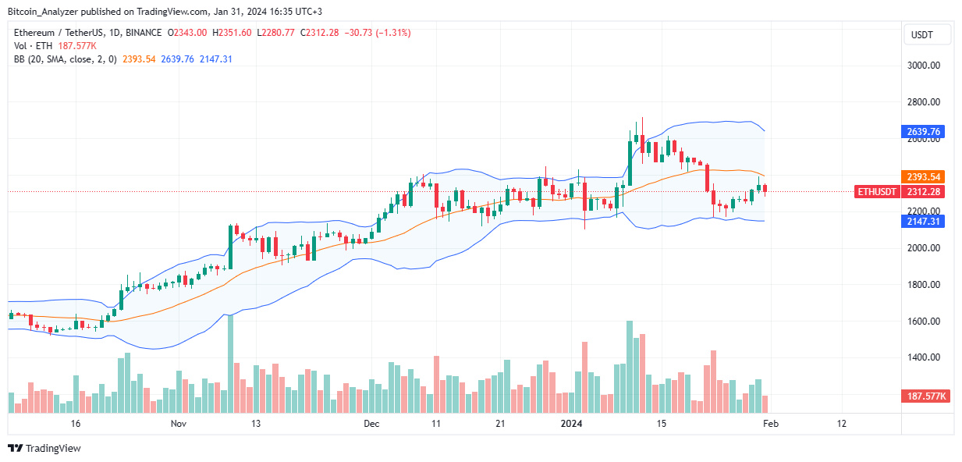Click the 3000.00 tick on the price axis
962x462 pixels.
click(x=927, y=66)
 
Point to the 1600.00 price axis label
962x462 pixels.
click(x=927, y=322)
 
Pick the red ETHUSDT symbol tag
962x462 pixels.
click(x=877, y=192)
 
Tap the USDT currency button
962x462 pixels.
click(x=927, y=34)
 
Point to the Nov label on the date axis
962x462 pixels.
click(x=179, y=424)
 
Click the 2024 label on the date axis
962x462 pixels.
click(x=572, y=424)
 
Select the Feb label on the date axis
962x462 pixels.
click(x=770, y=424)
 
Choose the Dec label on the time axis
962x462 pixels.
click(x=371, y=424)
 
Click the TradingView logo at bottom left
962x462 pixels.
click(x=44, y=448)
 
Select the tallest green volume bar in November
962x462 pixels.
click(x=230, y=364)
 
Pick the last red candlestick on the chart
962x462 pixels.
click(x=765, y=190)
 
